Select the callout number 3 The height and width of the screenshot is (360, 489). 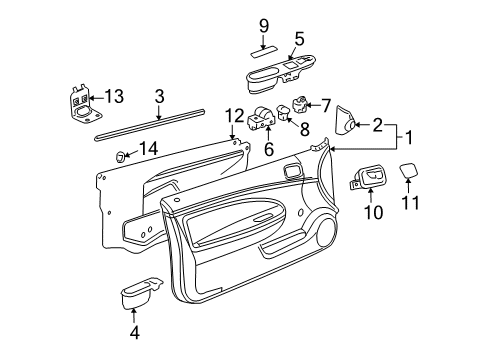[158, 96]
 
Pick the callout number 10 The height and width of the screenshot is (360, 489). [326, 103]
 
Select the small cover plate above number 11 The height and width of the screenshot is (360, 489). [410, 171]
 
